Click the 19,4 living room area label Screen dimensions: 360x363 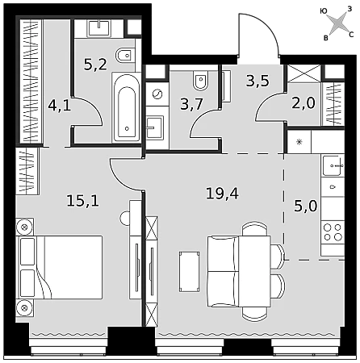pos(222,194)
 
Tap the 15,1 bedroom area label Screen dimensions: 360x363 pos(83,201)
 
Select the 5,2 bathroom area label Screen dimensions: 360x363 pos(95,65)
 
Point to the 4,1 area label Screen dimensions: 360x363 pos(60,105)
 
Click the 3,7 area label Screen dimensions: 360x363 pos(191,104)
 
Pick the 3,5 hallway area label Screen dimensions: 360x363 pos(257,81)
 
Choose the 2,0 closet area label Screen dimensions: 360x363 pos(303,102)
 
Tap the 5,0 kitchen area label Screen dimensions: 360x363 pos(306,207)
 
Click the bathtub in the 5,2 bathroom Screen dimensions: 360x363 pos(127,107)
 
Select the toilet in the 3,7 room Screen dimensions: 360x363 pos(200,81)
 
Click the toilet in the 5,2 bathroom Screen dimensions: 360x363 pos(126,56)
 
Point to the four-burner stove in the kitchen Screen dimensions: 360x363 pos(333,232)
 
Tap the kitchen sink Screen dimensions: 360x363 pos(333,165)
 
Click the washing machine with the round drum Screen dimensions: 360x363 pos(157,94)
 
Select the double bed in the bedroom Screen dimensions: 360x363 pos(59,268)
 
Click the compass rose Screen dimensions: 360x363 pos(337,24)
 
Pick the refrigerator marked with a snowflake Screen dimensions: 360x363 pos(299,142)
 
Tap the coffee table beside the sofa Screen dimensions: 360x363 pos(190,272)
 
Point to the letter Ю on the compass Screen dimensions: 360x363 pos(324,11)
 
